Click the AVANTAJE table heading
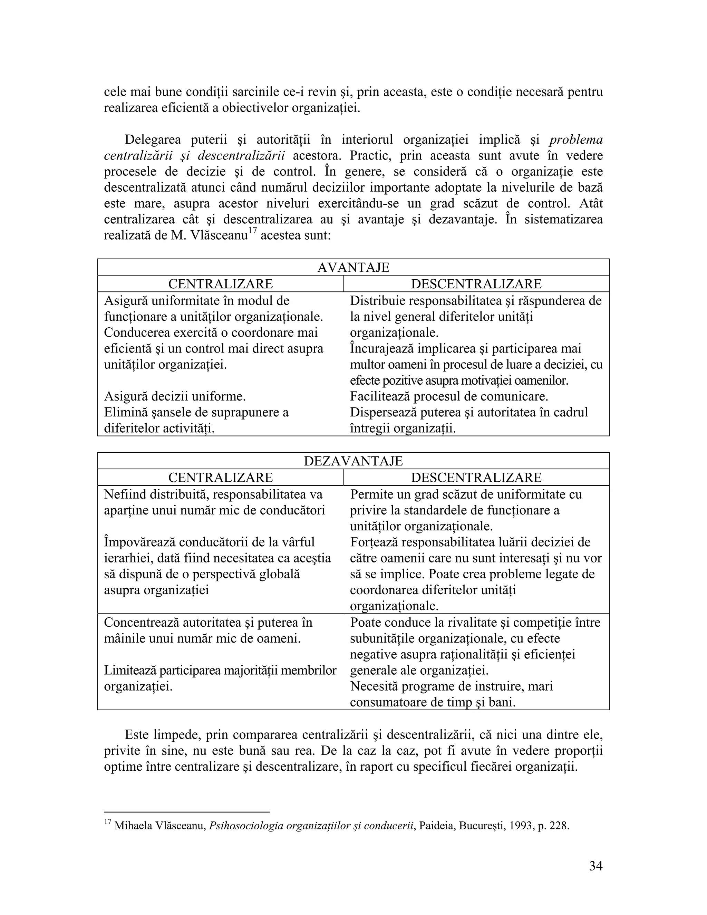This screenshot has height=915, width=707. click(x=353, y=267)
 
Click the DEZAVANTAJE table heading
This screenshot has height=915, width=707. click(x=353, y=461)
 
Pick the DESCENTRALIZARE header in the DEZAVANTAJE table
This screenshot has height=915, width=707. click(x=476, y=477)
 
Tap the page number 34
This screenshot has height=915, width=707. click(x=595, y=866)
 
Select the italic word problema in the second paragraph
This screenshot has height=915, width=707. click(x=576, y=139)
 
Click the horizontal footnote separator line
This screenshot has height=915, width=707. click(x=187, y=811)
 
